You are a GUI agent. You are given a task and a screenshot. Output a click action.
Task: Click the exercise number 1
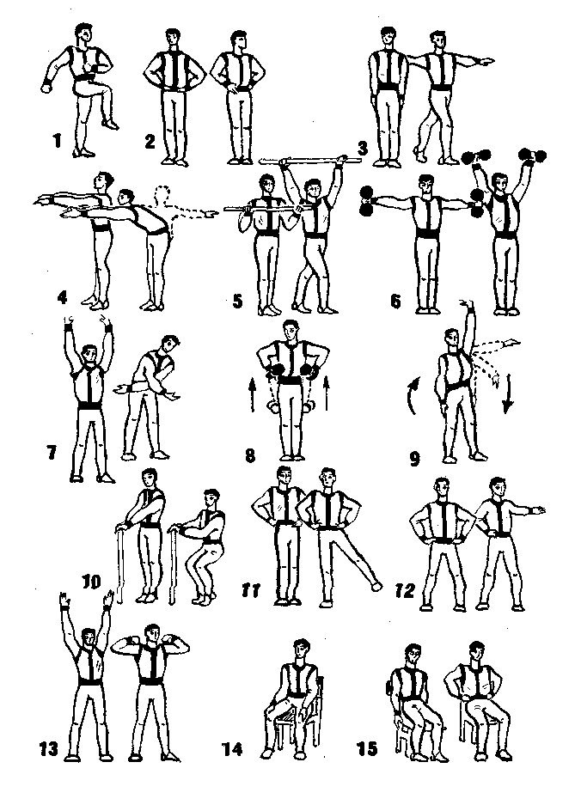click(57, 140)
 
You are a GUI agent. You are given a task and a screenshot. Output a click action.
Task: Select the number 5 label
click(238, 301)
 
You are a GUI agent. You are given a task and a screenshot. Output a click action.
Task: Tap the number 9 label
click(414, 459)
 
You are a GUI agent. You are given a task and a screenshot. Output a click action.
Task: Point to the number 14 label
click(232, 749)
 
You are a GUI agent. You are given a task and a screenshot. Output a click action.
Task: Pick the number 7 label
click(52, 453)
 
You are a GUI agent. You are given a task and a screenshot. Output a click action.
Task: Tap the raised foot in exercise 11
click(376, 586)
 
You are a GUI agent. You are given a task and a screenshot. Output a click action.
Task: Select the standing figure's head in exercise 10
click(150, 478)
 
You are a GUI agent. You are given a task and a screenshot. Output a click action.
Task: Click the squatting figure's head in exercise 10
click(211, 499)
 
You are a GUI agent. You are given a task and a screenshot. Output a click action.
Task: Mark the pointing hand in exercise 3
click(486, 62)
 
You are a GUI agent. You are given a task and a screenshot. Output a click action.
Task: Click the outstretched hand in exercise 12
click(537, 511)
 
